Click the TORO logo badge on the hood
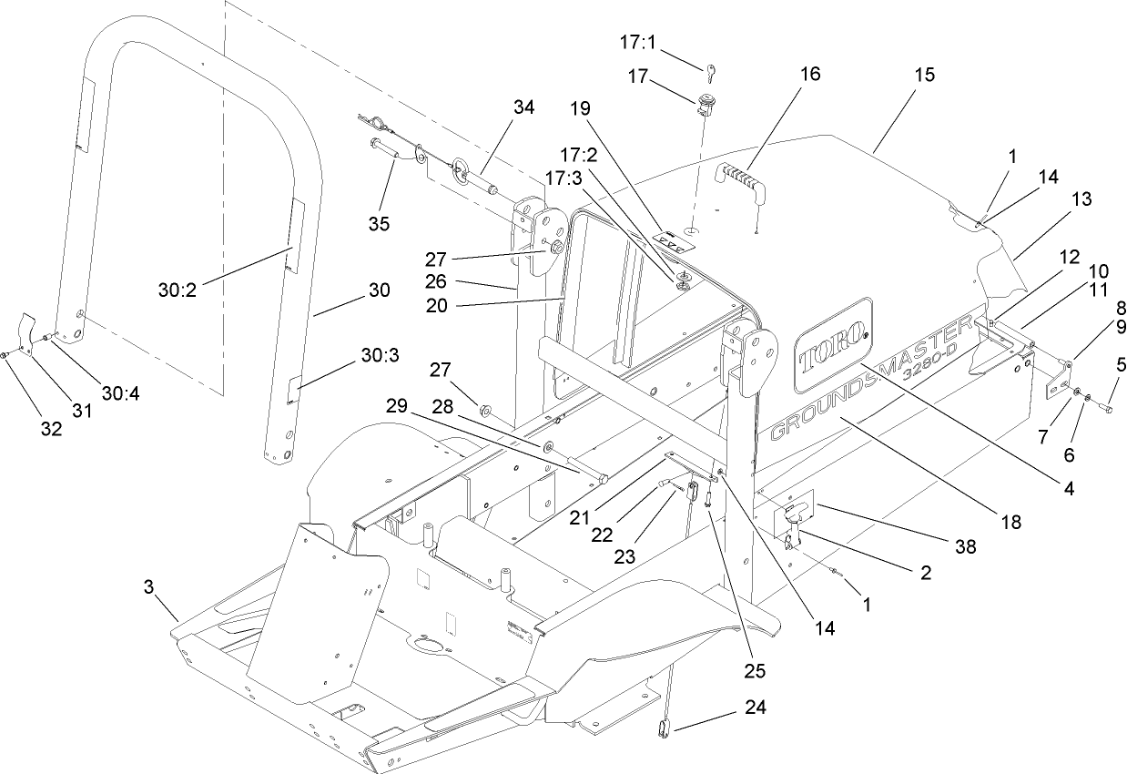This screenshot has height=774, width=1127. pos(833,346)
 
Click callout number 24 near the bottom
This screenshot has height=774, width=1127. pos(756,707)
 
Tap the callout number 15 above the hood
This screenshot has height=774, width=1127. pos(924,75)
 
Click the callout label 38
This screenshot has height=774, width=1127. pos(964,546)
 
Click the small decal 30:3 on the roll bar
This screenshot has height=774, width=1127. pos(289,391)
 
